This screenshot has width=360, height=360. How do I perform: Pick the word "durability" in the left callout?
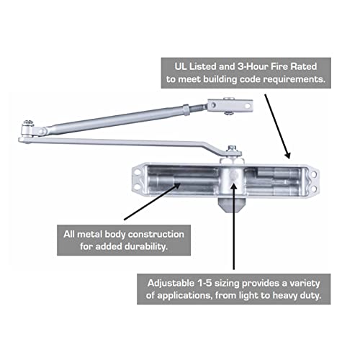point(143,248)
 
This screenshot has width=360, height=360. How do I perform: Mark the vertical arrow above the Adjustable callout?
point(233,223)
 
